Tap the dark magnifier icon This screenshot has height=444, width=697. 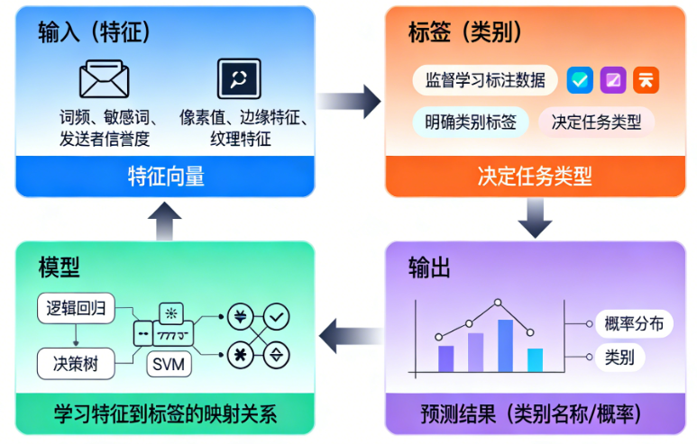pos(239,78)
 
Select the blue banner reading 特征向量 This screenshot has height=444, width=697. pos(166,177)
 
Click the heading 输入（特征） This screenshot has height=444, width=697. pos(94,33)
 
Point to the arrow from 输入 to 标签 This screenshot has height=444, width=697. pos(350,100)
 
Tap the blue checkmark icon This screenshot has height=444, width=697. pos(580,80)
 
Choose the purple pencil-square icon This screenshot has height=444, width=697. pos(613,80)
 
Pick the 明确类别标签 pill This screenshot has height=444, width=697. pos(470,122)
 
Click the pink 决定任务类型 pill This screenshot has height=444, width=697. pos(596,122)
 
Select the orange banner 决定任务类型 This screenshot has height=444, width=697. pos(535,177)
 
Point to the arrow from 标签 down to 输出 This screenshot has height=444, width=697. pos(535,218)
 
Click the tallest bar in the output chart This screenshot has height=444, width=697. pos(505,346)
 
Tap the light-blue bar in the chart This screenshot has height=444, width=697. pos(535,359)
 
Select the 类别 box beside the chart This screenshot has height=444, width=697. pos(619,357)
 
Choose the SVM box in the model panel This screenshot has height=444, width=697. pos(169,365)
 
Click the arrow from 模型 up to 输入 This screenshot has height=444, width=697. pos(166,222)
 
